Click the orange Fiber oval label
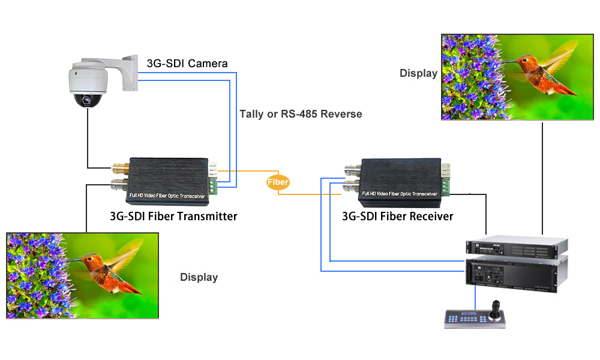(278, 182)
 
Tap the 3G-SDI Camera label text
(187, 63)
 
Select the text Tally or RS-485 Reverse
(301, 113)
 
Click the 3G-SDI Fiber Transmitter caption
(173, 216)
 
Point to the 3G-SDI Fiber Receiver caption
(397, 216)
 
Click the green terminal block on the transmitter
(214, 187)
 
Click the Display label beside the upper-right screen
(419, 73)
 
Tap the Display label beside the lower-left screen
(199, 277)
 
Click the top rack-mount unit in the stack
(516, 246)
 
